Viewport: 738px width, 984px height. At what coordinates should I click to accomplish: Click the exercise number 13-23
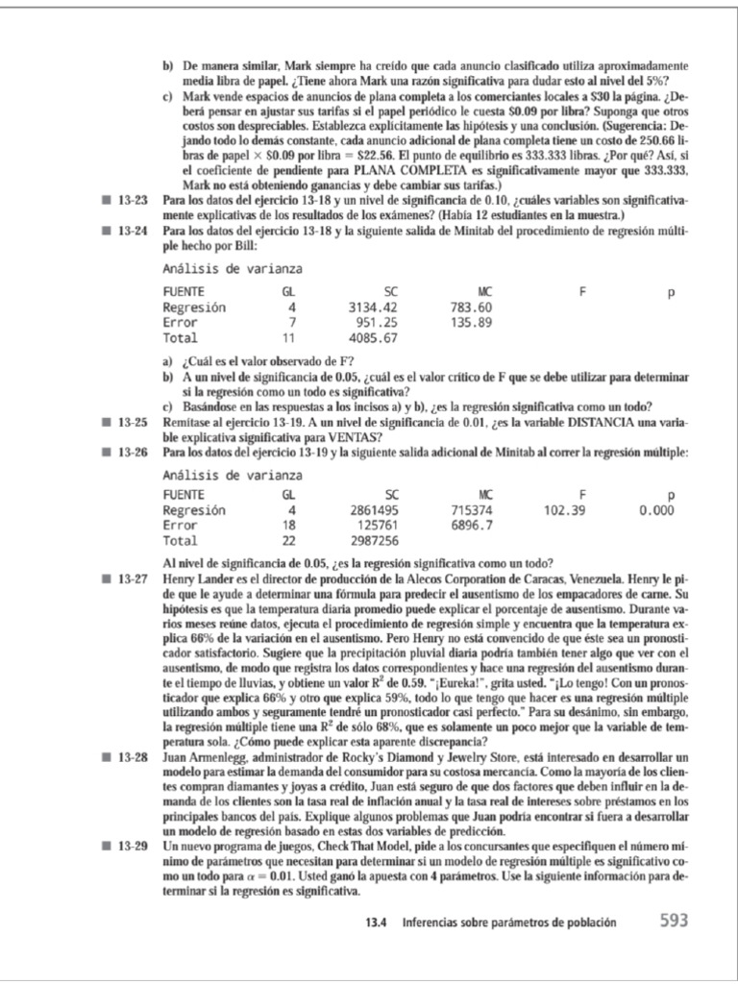[x=133, y=200]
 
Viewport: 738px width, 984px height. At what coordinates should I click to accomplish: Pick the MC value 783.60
[x=471, y=307]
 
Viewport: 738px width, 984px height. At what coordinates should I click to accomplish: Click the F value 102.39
[x=564, y=510]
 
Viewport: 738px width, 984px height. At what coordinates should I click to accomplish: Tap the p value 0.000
[x=656, y=510]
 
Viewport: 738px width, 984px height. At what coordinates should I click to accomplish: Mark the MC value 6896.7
[x=471, y=526]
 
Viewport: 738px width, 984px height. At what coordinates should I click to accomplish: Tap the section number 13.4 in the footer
[x=379, y=922]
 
